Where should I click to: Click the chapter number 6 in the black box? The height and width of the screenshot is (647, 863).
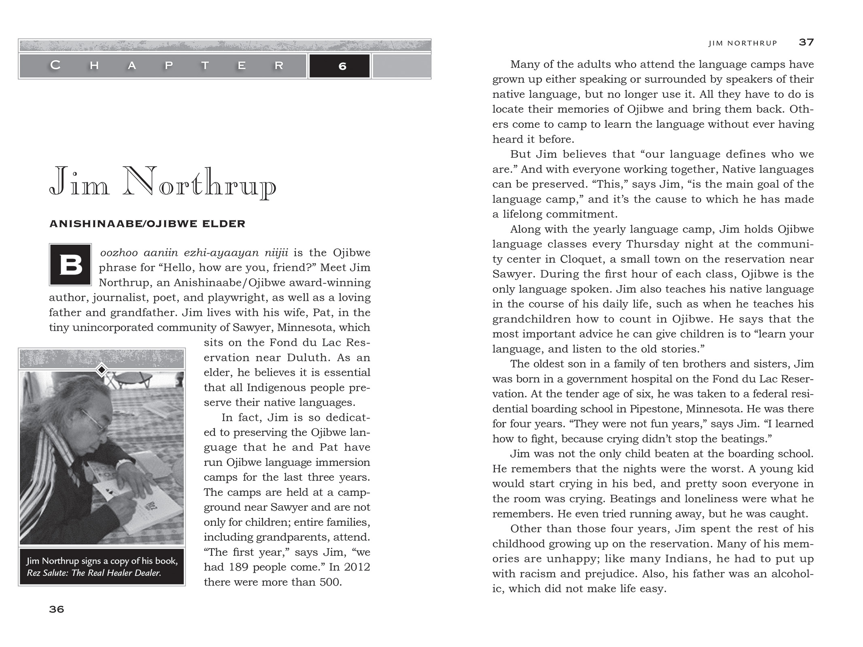pos(342,66)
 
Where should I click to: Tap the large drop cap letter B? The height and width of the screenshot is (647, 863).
pos(70,265)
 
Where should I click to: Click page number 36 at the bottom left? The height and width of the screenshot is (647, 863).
pos(57,609)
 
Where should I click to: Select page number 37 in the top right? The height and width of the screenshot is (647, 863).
pos(806,42)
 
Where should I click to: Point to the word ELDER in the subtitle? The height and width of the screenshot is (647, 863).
pos(227,224)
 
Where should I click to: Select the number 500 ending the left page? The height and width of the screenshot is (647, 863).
pos(330,582)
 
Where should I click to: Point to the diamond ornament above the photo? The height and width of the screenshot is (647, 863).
pos(102,370)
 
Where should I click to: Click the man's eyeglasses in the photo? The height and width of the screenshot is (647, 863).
pos(93,419)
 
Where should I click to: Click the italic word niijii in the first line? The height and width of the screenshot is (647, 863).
pos(276,253)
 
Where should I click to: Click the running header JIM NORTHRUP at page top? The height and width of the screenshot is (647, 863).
pos(742,43)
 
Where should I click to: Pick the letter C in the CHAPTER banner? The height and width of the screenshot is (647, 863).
pos(55,65)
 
